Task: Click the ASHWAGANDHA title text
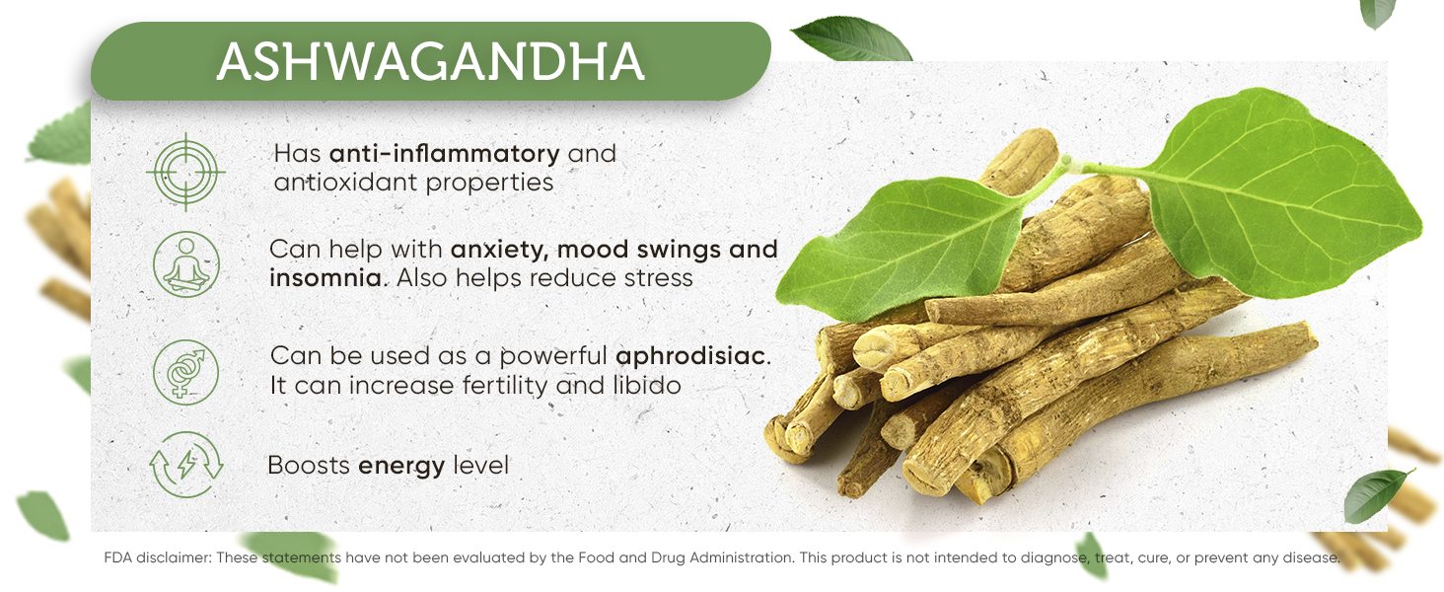coord(430,62)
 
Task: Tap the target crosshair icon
coord(185,173)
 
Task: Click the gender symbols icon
coord(185,371)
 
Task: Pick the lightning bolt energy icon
coord(185,464)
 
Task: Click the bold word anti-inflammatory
coord(444,154)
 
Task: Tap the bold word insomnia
coord(325,278)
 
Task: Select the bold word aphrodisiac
coord(690,355)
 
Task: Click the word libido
coord(645,385)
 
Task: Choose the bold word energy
coord(400,465)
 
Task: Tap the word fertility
coord(504,385)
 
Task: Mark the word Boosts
coord(308,465)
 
